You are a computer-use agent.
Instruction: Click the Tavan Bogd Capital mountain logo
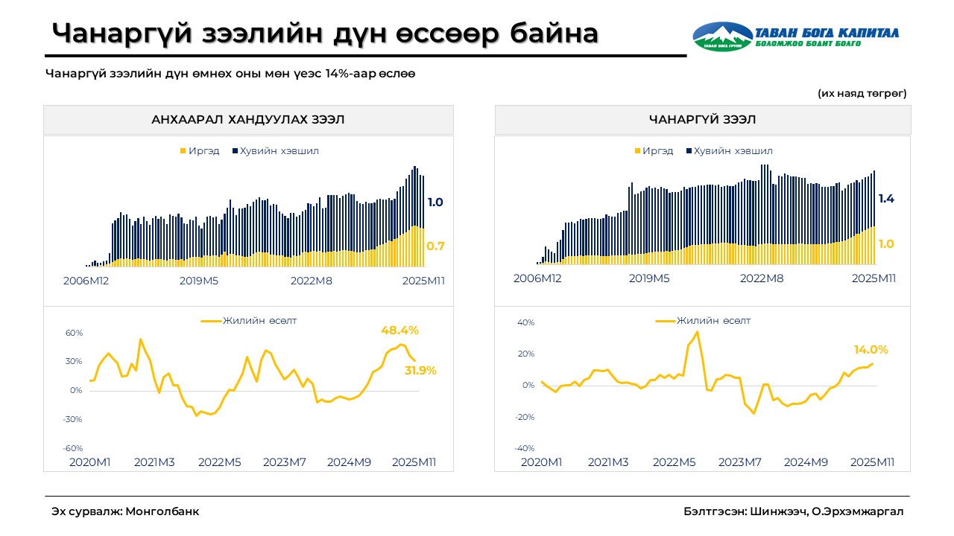coord(722,36)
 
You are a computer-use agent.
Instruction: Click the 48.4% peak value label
coord(400,330)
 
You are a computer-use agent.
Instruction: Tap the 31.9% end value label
coord(420,370)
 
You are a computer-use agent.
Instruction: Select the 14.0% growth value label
coord(871,349)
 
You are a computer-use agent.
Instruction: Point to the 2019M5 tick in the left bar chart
coord(199,281)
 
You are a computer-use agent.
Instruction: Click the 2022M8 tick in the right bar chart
coord(762,278)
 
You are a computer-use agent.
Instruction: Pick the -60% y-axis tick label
coord(73,448)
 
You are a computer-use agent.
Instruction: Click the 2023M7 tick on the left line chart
coord(285,462)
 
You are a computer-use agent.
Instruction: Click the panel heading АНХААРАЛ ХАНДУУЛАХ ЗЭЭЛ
coord(247,120)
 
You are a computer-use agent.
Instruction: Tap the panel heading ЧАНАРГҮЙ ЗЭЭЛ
coord(702,120)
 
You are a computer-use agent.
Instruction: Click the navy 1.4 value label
coord(885,199)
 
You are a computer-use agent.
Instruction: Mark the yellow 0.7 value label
coord(435,246)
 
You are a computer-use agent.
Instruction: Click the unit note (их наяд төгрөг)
coord(862,93)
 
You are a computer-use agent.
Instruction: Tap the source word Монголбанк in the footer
coord(162,511)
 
